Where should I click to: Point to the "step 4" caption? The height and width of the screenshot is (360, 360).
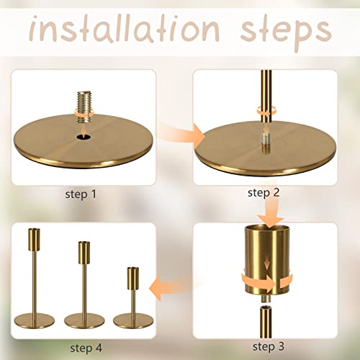click(x=85, y=348)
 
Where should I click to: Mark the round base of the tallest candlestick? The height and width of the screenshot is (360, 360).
click(x=35, y=321)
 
